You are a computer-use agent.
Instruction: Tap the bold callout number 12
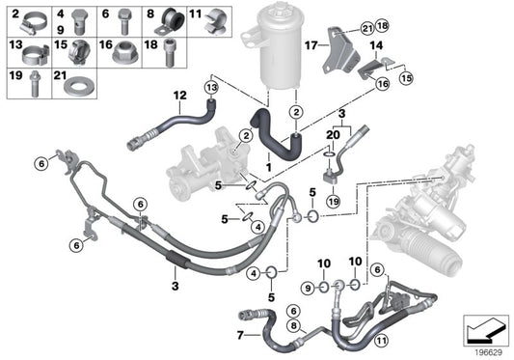[178, 95]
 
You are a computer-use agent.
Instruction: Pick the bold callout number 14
[375, 45]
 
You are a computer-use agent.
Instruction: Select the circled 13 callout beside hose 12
[210, 87]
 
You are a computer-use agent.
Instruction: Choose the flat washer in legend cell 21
[74, 86]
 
